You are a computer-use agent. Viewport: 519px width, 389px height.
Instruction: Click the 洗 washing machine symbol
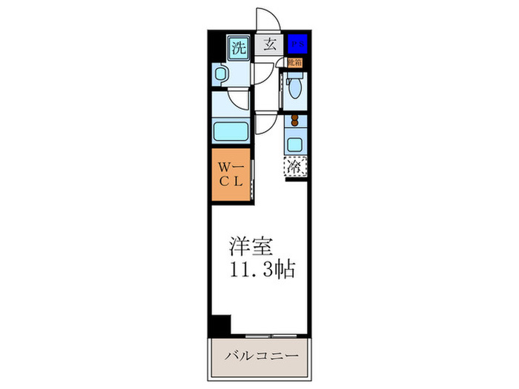(237, 49)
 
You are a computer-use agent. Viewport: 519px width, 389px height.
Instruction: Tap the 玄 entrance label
(270, 44)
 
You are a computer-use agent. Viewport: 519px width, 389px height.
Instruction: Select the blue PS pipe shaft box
(296, 43)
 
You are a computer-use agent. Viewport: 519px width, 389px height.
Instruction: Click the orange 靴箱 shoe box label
(296, 63)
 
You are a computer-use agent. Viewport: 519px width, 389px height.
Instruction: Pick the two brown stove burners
(295, 122)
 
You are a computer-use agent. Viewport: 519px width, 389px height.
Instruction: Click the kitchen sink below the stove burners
(295, 144)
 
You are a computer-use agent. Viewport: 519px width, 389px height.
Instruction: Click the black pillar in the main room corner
(220, 325)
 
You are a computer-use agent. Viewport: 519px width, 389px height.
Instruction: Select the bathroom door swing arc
(239, 101)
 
